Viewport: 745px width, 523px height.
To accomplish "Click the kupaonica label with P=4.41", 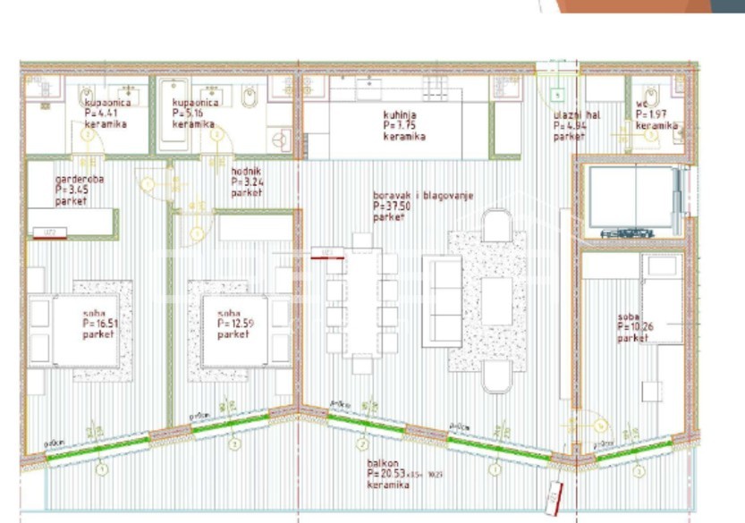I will [105, 114].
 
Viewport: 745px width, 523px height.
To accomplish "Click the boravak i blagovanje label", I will [422, 206].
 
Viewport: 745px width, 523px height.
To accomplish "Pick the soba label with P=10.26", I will [633, 327].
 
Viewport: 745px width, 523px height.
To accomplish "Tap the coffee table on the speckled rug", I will [496, 301].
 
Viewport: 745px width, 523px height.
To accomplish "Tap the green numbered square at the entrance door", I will [556, 93].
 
